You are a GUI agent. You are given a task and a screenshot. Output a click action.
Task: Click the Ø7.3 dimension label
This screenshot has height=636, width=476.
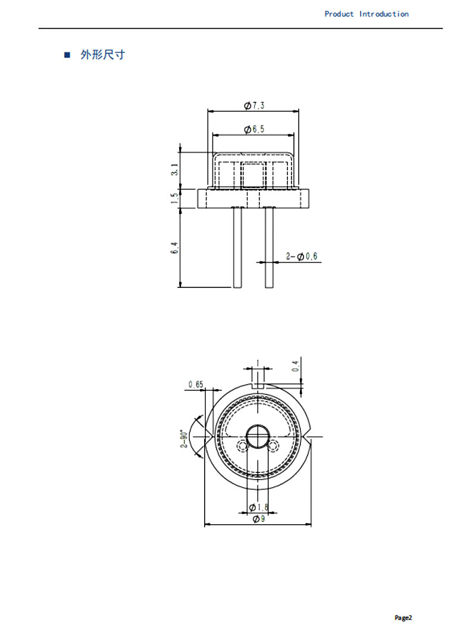(x=254, y=105)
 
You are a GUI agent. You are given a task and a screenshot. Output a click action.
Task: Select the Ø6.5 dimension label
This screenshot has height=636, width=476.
(x=254, y=129)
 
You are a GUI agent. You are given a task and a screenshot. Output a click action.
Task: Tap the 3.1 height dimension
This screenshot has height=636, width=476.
(x=174, y=169)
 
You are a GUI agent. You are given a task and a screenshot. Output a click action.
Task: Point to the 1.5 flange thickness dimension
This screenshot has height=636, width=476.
(x=174, y=198)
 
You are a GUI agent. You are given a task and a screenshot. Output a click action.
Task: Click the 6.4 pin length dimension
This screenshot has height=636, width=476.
(x=174, y=248)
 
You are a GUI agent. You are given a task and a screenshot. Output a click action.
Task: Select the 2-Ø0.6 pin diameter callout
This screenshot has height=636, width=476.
(x=302, y=256)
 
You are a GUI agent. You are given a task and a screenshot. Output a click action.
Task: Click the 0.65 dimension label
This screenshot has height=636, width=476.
(x=196, y=384)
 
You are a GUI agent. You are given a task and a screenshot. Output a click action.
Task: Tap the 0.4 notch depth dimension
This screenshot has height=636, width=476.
(x=296, y=366)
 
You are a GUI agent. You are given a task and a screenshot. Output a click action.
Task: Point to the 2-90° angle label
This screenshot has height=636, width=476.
(x=184, y=439)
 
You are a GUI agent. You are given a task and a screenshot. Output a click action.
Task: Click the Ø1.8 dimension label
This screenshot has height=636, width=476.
(x=258, y=507)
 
